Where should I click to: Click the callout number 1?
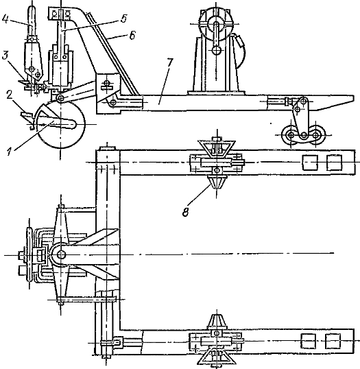click(x=10, y=152)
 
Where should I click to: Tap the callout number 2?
click(x=9, y=95)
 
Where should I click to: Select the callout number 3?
click(x=5, y=57)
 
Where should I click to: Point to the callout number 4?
click(x=5, y=20)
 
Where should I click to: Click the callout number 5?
click(x=123, y=19)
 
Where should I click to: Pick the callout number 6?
click(x=132, y=36)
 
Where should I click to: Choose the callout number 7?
click(x=169, y=62)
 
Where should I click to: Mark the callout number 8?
click(x=186, y=212)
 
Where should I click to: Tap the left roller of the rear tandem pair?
click(x=291, y=135)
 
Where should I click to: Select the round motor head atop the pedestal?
click(x=215, y=24)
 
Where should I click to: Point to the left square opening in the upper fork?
click(x=310, y=162)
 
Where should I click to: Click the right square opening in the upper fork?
click(x=334, y=162)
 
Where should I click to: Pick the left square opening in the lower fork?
click(x=309, y=341)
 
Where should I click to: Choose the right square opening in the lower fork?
click(x=333, y=341)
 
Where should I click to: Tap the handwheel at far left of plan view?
click(x=29, y=254)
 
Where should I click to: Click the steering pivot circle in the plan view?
click(x=61, y=254)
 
